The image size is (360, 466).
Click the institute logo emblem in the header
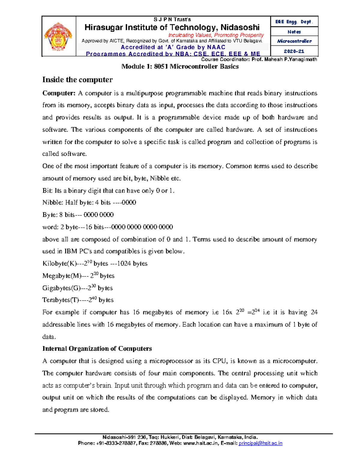(x=58, y=37)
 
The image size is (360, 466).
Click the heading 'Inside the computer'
(x=77, y=80)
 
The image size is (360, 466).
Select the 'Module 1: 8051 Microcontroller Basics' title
(x=180, y=67)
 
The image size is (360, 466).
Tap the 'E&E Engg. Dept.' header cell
(x=294, y=22)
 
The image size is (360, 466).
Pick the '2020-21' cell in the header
(x=294, y=51)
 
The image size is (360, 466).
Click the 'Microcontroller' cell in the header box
(x=294, y=41)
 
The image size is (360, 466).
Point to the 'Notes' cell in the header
(x=294, y=32)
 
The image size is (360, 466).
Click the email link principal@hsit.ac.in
(x=260, y=443)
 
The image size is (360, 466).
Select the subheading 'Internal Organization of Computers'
(x=97, y=349)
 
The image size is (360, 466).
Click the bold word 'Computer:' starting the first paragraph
(x=59, y=93)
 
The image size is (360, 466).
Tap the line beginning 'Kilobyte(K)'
(x=95, y=263)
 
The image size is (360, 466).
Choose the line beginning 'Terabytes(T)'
(x=78, y=300)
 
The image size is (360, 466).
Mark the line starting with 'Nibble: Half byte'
(x=89, y=203)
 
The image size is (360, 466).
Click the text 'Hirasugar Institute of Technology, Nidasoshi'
(x=172, y=28)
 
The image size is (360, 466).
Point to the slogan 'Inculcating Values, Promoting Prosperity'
(x=216, y=35)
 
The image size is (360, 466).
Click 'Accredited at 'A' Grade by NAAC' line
(x=173, y=47)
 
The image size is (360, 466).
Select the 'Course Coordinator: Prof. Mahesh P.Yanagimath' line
(x=259, y=59)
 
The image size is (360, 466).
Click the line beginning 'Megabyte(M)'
(x=78, y=276)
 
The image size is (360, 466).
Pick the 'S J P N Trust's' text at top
(x=172, y=20)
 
